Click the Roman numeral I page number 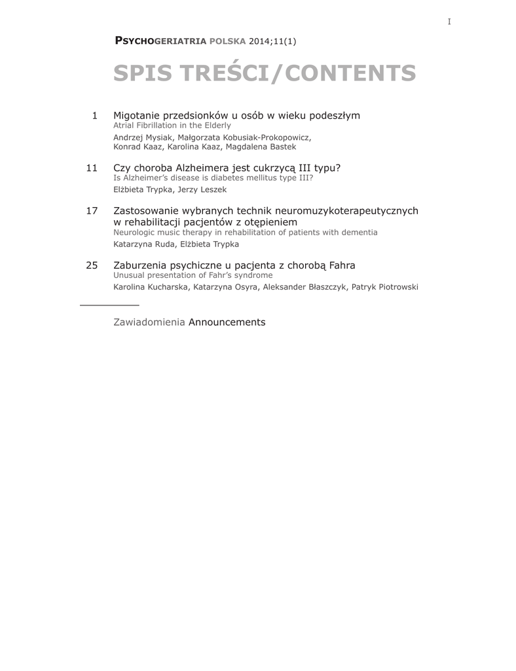point(449,22)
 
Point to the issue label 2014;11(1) point(273,41)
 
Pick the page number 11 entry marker point(92,168)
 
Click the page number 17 point(92,211)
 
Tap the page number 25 point(92,265)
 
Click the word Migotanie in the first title point(138,116)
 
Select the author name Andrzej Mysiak point(141,138)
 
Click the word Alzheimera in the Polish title point(192,168)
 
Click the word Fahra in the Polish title point(342,265)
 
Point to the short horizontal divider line point(109,305)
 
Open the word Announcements point(227,322)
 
